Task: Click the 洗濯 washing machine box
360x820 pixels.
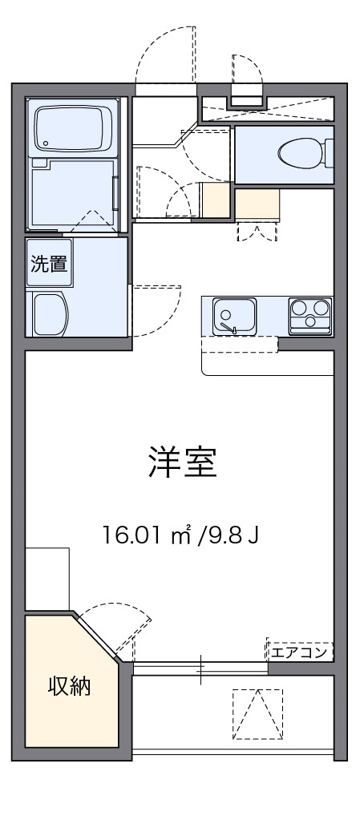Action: tap(49, 265)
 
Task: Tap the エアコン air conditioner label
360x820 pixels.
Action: tap(299, 651)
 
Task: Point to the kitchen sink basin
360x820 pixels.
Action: tap(233, 313)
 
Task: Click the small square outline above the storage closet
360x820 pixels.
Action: tap(47, 579)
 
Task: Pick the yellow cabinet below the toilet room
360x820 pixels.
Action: tap(257, 204)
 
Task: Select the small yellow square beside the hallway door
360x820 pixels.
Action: tap(216, 201)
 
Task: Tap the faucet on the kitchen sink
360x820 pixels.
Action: tap(233, 327)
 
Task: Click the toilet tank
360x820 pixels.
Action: tap(330, 152)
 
